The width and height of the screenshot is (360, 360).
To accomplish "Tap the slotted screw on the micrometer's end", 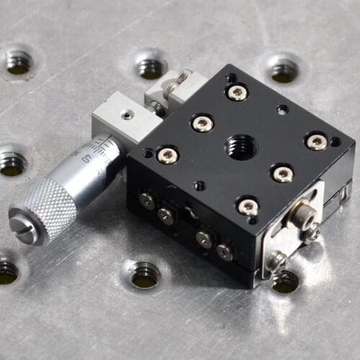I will pos(22,228).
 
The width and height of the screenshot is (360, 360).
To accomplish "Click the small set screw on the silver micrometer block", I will pos(127,114).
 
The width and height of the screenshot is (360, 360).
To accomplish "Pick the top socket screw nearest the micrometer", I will pos(167,154).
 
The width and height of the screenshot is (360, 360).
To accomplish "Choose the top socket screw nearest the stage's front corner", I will pos(248,207).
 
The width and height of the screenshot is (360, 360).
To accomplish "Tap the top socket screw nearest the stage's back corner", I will pos(237,92).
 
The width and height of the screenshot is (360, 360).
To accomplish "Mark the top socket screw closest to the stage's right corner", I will pos(316,142).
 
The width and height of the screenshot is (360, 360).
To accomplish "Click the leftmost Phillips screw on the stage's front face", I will pos(147,200).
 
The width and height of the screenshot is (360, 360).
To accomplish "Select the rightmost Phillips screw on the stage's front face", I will pos(225,252).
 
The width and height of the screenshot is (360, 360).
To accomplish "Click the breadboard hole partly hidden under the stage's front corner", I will pos(285,280).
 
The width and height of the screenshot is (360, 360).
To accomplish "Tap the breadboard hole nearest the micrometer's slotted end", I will pos(7,270).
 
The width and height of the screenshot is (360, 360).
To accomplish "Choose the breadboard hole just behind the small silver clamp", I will pos(150,67).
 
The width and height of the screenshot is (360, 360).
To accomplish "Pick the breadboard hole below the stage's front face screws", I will pos(145,274).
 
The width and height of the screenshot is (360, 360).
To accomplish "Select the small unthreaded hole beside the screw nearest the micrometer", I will pos(148,153).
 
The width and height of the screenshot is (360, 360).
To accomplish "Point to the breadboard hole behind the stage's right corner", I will pos(284,70).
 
